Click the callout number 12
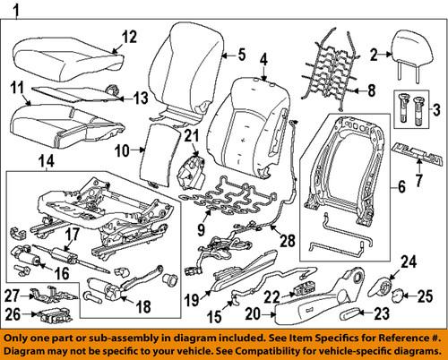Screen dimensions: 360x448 pyautogui.click(x=129, y=37)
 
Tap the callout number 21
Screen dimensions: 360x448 pyautogui.click(x=189, y=136)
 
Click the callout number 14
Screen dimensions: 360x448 pyautogui.click(x=47, y=162)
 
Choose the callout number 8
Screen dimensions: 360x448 pyautogui.click(x=365, y=90)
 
